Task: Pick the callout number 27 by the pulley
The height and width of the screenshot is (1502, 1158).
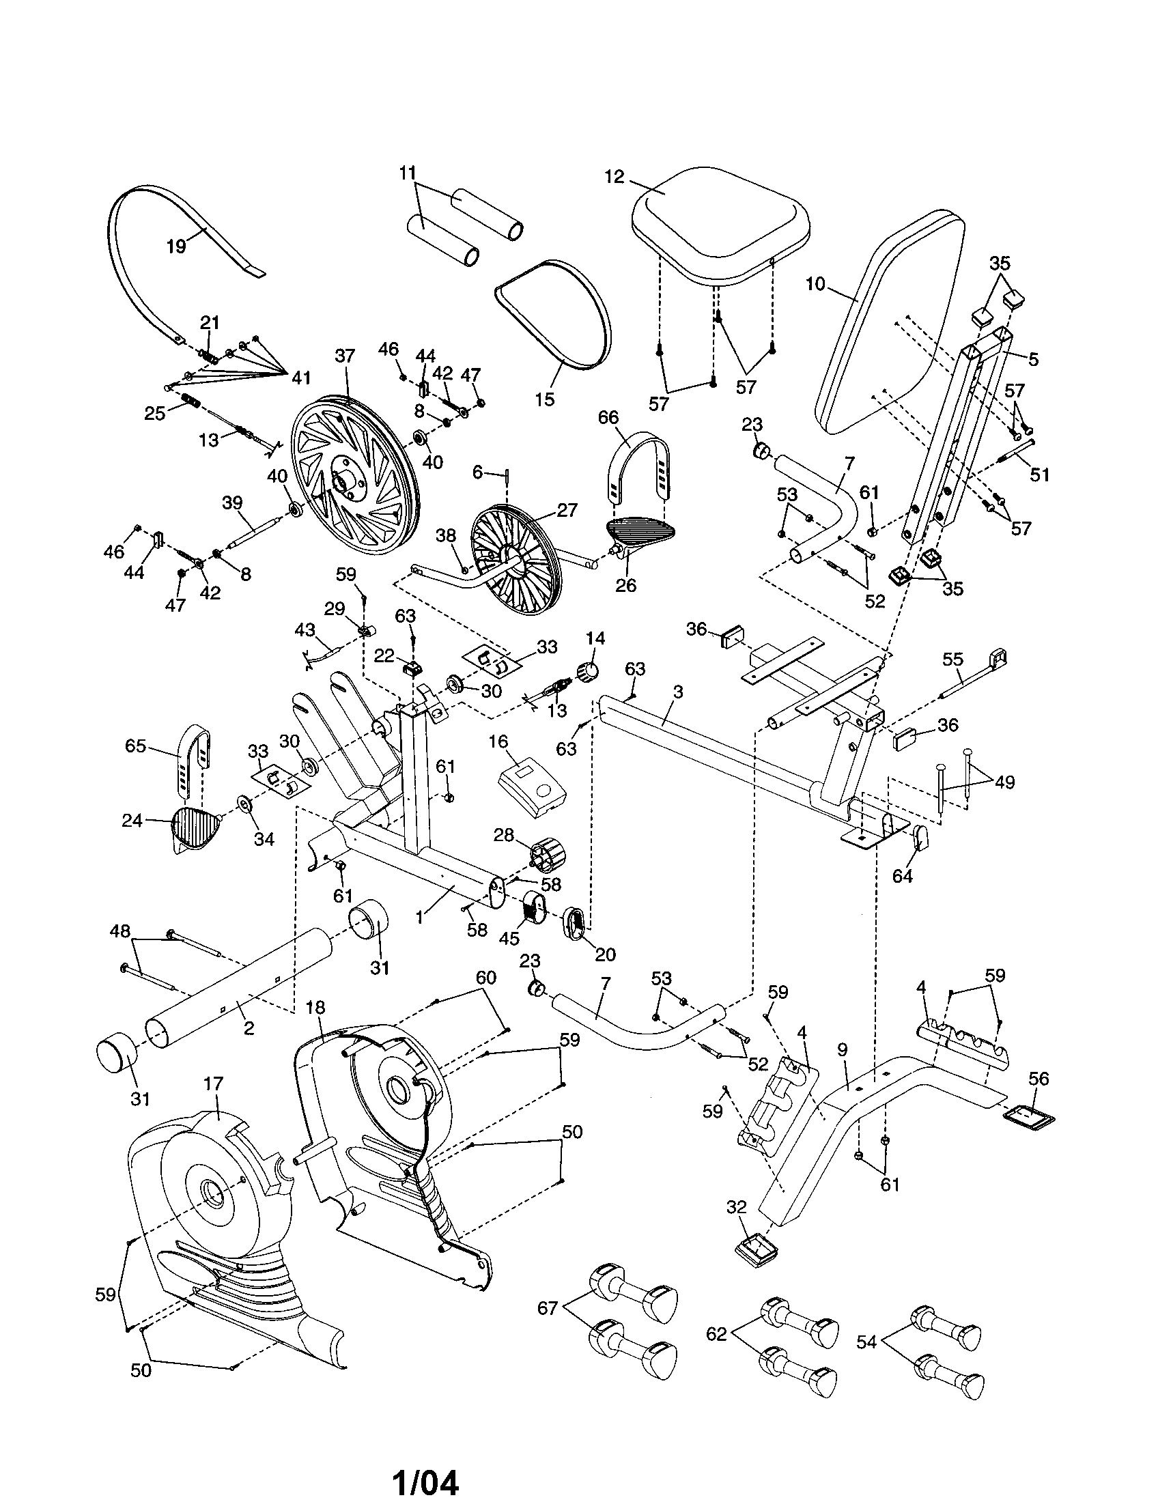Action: (568, 510)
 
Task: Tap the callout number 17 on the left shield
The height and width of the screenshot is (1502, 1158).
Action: (214, 1084)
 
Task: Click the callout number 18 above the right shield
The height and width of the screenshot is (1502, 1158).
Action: (315, 1008)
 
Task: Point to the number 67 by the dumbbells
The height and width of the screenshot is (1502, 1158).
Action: (548, 1308)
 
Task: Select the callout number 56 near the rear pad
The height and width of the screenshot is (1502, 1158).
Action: (1039, 1078)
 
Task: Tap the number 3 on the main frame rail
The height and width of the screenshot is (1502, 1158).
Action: (677, 692)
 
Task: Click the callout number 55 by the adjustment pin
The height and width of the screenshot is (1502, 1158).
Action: (952, 660)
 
